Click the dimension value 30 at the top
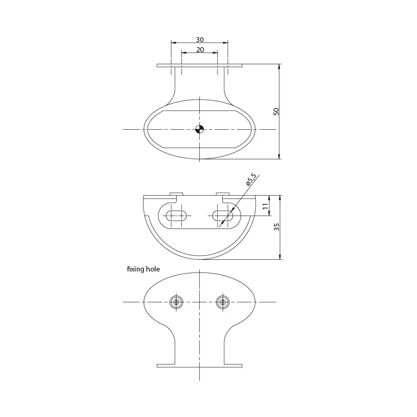pyautogui.click(x=200, y=40)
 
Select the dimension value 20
pyautogui.click(x=200, y=50)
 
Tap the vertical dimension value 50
pyautogui.click(x=276, y=111)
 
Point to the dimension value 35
pyautogui.click(x=276, y=227)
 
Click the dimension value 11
pyautogui.click(x=266, y=206)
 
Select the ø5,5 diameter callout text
pyautogui.click(x=251, y=179)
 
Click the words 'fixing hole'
pyautogui.click(x=143, y=269)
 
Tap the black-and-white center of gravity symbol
pyautogui.click(x=199, y=129)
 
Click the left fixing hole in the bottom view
pyautogui.click(x=176, y=302)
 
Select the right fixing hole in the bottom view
pyautogui.click(x=223, y=302)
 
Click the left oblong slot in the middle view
pyautogui.click(x=176, y=216)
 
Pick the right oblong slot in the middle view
pyautogui.click(x=223, y=216)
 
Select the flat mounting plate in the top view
pyautogui.click(x=199, y=65)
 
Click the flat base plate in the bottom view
pyautogui.click(x=199, y=366)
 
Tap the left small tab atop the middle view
pyautogui.click(x=176, y=193)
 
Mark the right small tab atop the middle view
pyautogui.click(x=223, y=193)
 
